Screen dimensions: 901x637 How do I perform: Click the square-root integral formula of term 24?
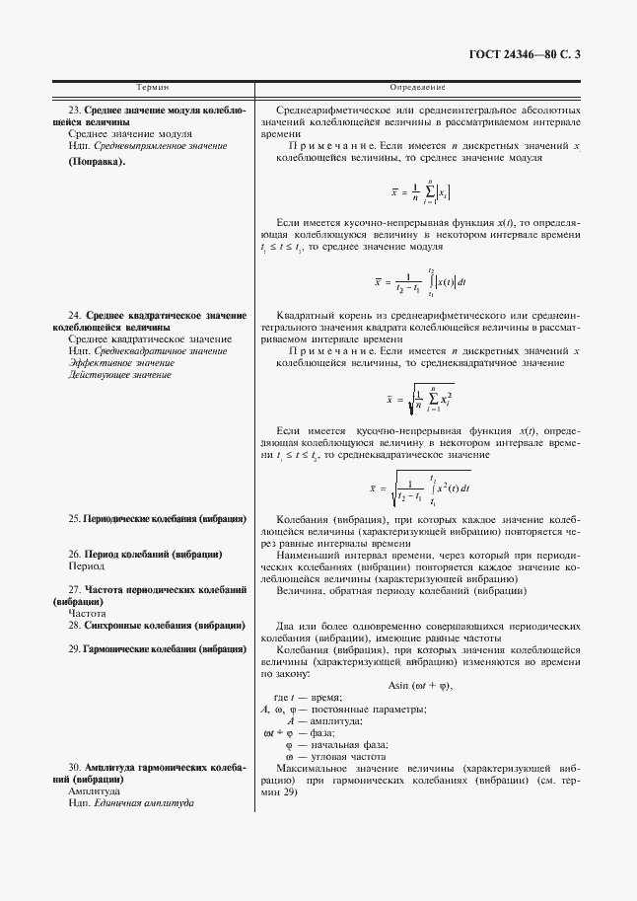pyautogui.click(x=419, y=486)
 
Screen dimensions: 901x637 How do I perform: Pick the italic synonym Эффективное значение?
pyautogui.click(x=121, y=363)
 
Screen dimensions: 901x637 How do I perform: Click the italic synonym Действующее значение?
pyautogui.click(x=120, y=375)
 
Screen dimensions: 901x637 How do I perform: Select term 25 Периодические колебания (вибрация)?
pyautogui.click(x=157, y=518)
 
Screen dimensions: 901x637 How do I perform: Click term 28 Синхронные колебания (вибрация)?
pyautogui.click(x=157, y=626)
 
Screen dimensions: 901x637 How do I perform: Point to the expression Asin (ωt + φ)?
pyautogui.click(x=420, y=685)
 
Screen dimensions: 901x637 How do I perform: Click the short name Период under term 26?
pyautogui.click(x=86, y=566)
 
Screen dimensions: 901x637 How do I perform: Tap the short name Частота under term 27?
pyautogui.click(x=88, y=613)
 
